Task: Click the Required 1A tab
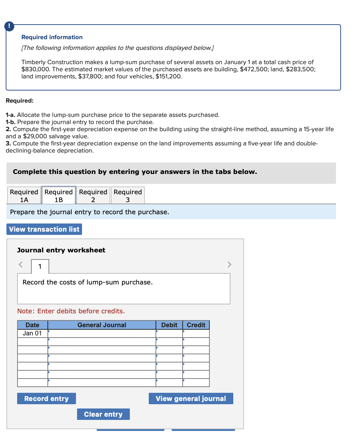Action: [x=24, y=196]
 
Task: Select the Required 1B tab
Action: [x=59, y=196]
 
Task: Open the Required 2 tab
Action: [x=93, y=196]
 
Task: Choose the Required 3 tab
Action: [x=128, y=196]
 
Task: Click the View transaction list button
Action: [x=44, y=229]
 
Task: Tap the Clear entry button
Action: [x=103, y=414]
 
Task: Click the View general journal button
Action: [x=191, y=399]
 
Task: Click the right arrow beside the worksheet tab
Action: [x=229, y=264]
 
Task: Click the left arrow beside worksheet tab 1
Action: [x=21, y=264]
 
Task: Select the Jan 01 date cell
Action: [x=32, y=333]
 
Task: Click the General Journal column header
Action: [x=102, y=325]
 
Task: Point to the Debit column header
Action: [x=169, y=325]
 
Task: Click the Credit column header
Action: [x=196, y=325]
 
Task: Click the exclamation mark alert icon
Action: [x=9, y=26]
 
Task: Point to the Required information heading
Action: [x=52, y=37]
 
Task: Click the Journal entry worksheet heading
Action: [x=61, y=250]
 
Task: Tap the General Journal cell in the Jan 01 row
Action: [x=102, y=333]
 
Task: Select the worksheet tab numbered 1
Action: [x=40, y=266]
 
